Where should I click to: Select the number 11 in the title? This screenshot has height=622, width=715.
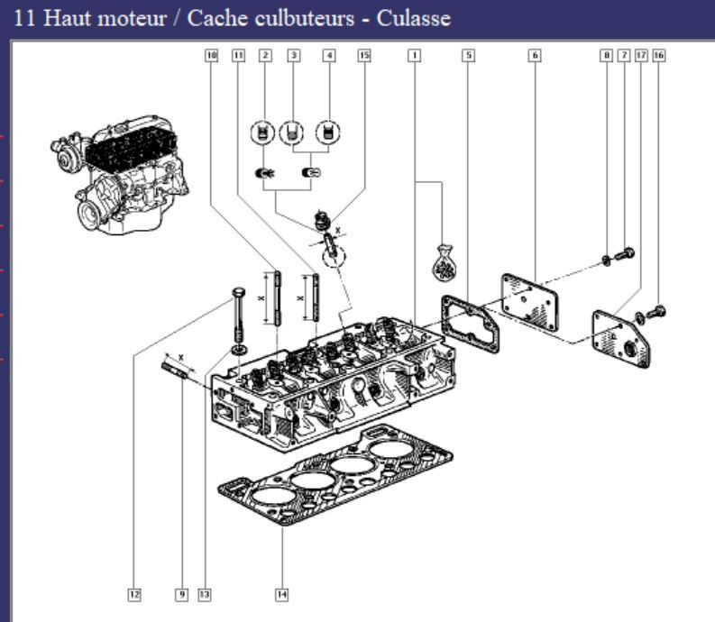(x=26, y=18)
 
